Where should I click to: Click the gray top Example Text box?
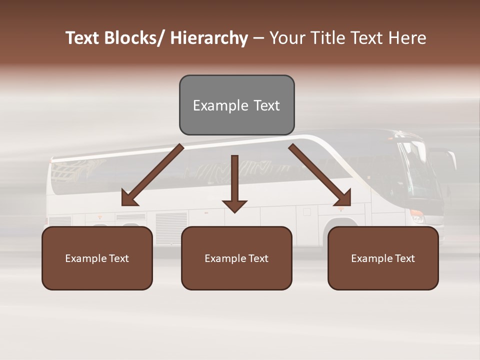click(x=236, y=105)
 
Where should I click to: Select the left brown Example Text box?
click(x=97, y=258)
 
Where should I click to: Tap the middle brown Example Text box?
click(x=236, y=258)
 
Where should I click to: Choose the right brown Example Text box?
click(x=383, y=258)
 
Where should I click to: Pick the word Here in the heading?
click(x=408, y=38)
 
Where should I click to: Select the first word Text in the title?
click(x=83, y=38)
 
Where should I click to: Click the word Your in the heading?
click(x=286, y=38)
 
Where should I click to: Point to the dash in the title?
click(x=258, y=38)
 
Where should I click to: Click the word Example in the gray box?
click(x=213, y=105)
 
